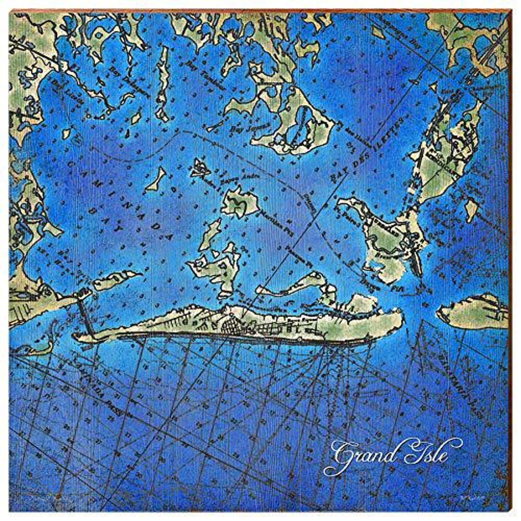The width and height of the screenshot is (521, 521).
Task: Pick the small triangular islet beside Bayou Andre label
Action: click(x=199, y=168)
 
